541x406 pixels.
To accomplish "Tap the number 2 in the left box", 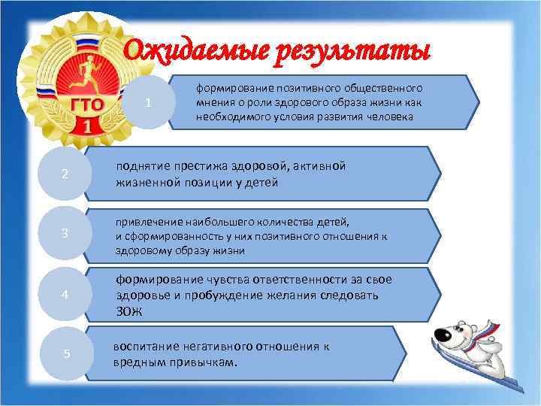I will (x=65, y=174).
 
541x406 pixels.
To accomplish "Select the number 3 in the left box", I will (x=65, y=233).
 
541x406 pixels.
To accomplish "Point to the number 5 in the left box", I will (x=67, y=354).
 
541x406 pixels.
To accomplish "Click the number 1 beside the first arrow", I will (x=151, y=103).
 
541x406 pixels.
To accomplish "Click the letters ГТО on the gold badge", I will (x=87, y=103).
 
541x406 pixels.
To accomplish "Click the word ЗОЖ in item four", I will (x=127, y=311).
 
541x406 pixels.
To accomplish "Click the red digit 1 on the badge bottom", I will (x=88, y=126).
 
